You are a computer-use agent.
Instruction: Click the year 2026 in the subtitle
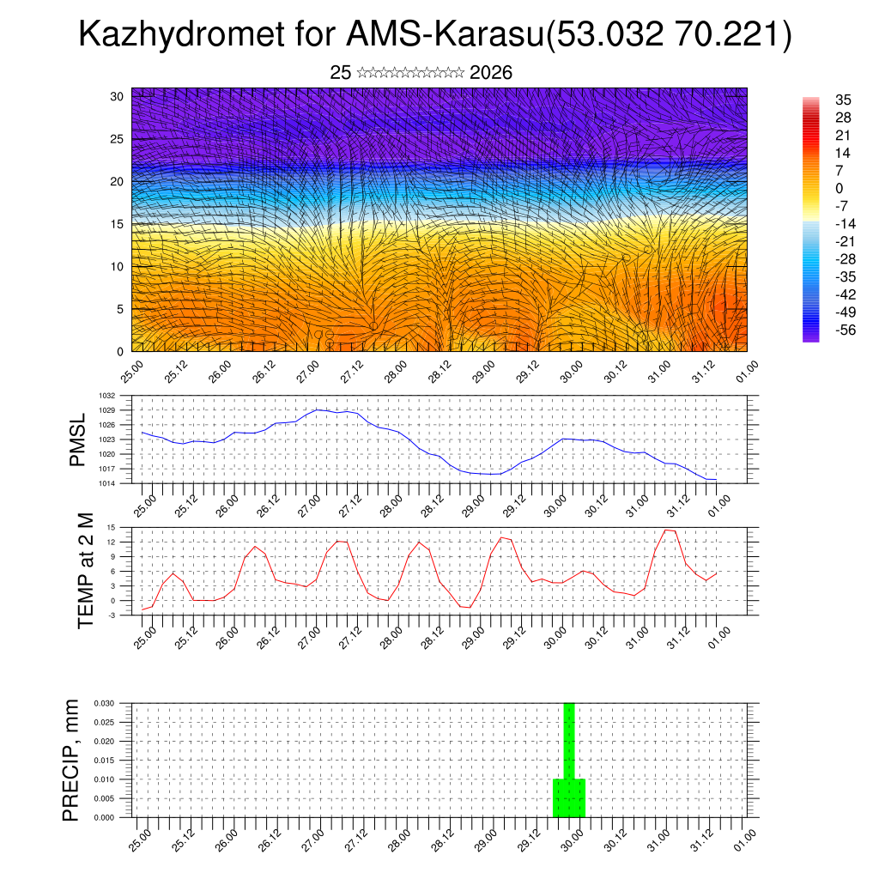[x=491, y=73]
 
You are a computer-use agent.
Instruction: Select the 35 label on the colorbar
[x=842, y=100]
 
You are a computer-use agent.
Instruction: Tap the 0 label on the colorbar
[x=839, y=188]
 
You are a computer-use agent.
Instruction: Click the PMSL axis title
[x=77, y=439]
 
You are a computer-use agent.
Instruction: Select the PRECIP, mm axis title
[x=70, y=760]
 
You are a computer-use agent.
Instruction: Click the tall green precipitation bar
[x=568, y=755]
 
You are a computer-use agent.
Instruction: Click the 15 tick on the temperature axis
[x=112, y=527]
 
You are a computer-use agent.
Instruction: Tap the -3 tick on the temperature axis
[x=112, y=615]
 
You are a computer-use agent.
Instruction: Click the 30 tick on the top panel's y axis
[x=117, y=96]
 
